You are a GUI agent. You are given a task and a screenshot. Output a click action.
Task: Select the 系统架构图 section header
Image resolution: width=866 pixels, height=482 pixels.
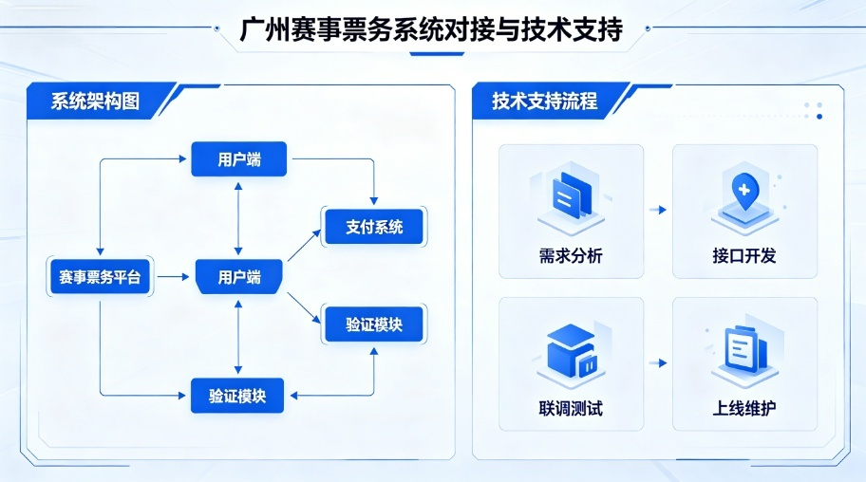coord(95,101)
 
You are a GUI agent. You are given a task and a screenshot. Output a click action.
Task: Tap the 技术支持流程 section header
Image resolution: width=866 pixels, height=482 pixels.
coord(544,101)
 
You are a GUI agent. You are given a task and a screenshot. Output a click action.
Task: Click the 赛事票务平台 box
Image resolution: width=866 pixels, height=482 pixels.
coord(100,277)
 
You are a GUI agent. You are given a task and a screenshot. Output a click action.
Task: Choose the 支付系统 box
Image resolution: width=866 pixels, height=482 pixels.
coord(374,227)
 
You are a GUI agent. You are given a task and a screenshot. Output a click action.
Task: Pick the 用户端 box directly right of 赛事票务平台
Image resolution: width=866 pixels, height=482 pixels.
coord(239,277)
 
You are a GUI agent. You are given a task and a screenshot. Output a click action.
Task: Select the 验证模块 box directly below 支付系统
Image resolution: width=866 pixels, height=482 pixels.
coord(374,324)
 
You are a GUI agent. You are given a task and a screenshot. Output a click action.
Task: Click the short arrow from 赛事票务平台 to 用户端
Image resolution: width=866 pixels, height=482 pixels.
coord(173,277)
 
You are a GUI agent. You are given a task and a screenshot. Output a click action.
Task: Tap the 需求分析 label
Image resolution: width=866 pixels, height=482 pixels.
coord(570,256)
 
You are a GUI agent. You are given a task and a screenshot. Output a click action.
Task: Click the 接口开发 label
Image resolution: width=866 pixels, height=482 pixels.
coord(744,256)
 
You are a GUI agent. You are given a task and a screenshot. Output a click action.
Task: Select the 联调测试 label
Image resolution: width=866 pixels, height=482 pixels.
coord(570,409)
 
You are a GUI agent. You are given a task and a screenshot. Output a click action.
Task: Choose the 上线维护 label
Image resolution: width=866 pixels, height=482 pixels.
coord(744,409)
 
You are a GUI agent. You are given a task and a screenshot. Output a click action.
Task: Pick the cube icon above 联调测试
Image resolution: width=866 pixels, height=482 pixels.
coord(570,350)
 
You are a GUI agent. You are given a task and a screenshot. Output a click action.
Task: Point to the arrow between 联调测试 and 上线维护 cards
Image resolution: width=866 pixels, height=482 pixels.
coord(657,363)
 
